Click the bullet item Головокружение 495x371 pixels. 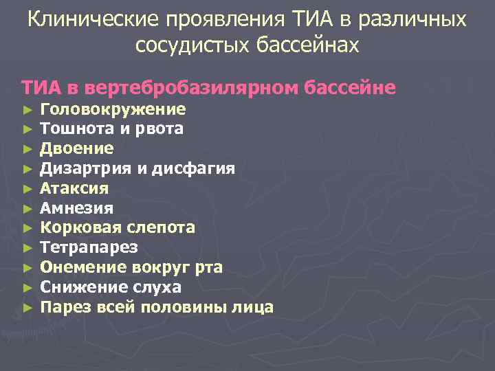(x=113, y=109)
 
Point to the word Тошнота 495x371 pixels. (x=70, y=128)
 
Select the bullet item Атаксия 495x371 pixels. (x=74, y=188)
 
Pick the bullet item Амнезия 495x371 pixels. (x=77, y=207)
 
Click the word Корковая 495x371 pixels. (x=78, y=227)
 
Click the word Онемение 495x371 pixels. (x=79, y=267)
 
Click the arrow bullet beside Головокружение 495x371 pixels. (x=27, y=110)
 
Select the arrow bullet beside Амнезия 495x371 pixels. (x=27, y=208)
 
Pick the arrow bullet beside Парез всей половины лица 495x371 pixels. (x=27, y=307)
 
